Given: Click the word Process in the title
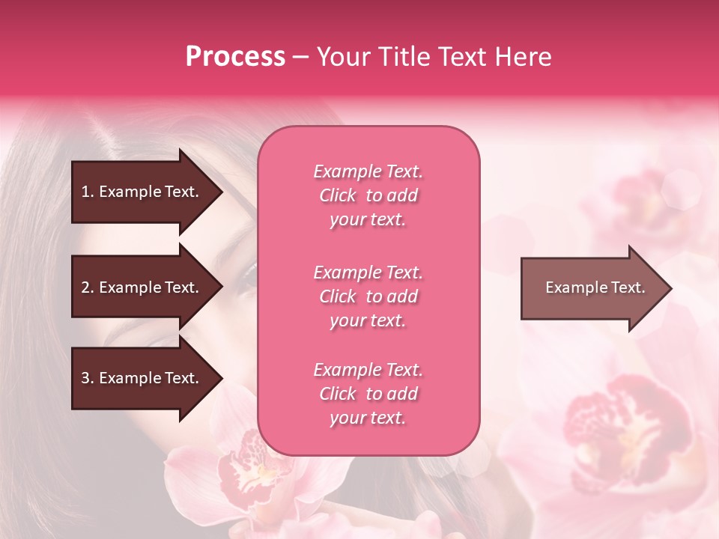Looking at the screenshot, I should (235, 57).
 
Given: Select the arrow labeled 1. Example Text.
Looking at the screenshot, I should (142, 192).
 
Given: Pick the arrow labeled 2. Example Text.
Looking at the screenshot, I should (142, 287).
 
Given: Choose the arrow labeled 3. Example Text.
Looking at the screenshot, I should (142, 379).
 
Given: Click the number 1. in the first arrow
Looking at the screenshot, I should (88, 192).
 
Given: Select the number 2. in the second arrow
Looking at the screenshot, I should (88, 287).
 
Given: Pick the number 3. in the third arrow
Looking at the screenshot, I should (88, 379).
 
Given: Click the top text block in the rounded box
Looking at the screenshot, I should (368, 195).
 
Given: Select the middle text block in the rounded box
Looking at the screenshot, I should (368, 296).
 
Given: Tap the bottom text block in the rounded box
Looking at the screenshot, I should (368, 394).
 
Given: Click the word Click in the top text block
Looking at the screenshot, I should (338, 195).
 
